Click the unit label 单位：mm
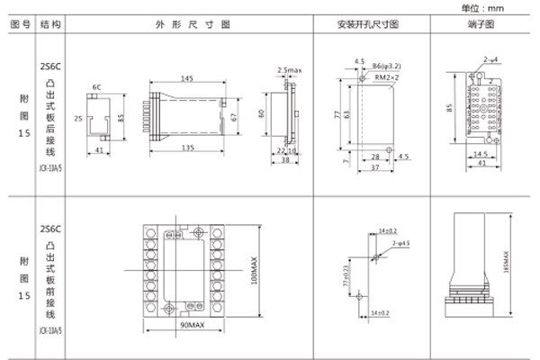click(508, 7)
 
